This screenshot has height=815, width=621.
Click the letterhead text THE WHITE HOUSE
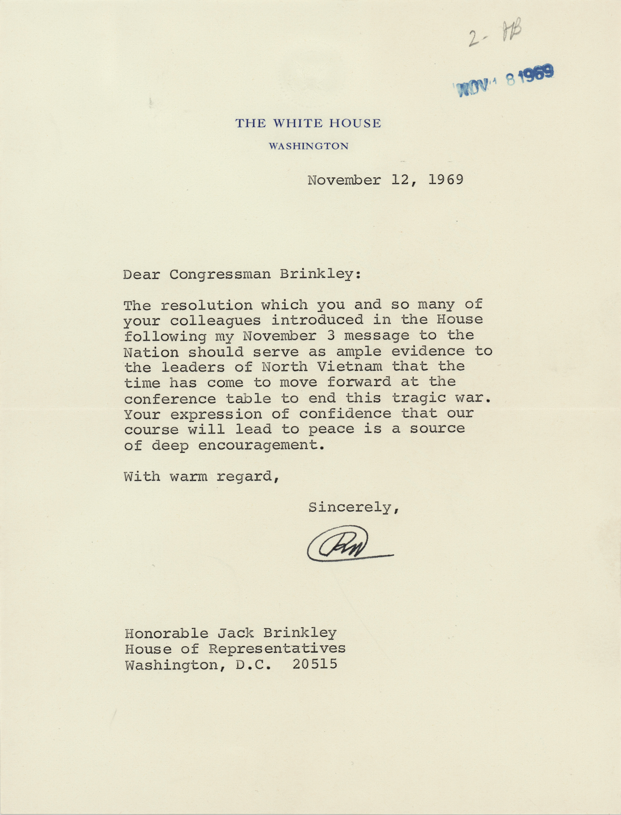coord(308,123)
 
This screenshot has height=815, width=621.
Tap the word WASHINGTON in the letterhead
coord(309,146)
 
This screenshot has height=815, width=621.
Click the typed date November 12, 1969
coord(385,180)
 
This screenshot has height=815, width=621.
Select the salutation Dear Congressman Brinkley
coord(242,274)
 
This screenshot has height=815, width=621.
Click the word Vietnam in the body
coord(349,367)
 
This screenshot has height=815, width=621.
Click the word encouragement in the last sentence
coord(261,445)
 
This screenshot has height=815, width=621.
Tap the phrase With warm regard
coord(201,476)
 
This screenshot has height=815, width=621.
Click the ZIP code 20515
coord(315,665)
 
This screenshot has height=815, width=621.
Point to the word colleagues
coord(215,320)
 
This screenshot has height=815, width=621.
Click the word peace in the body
coord(331,429)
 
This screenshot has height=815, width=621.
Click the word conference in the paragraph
coord(170,398)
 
